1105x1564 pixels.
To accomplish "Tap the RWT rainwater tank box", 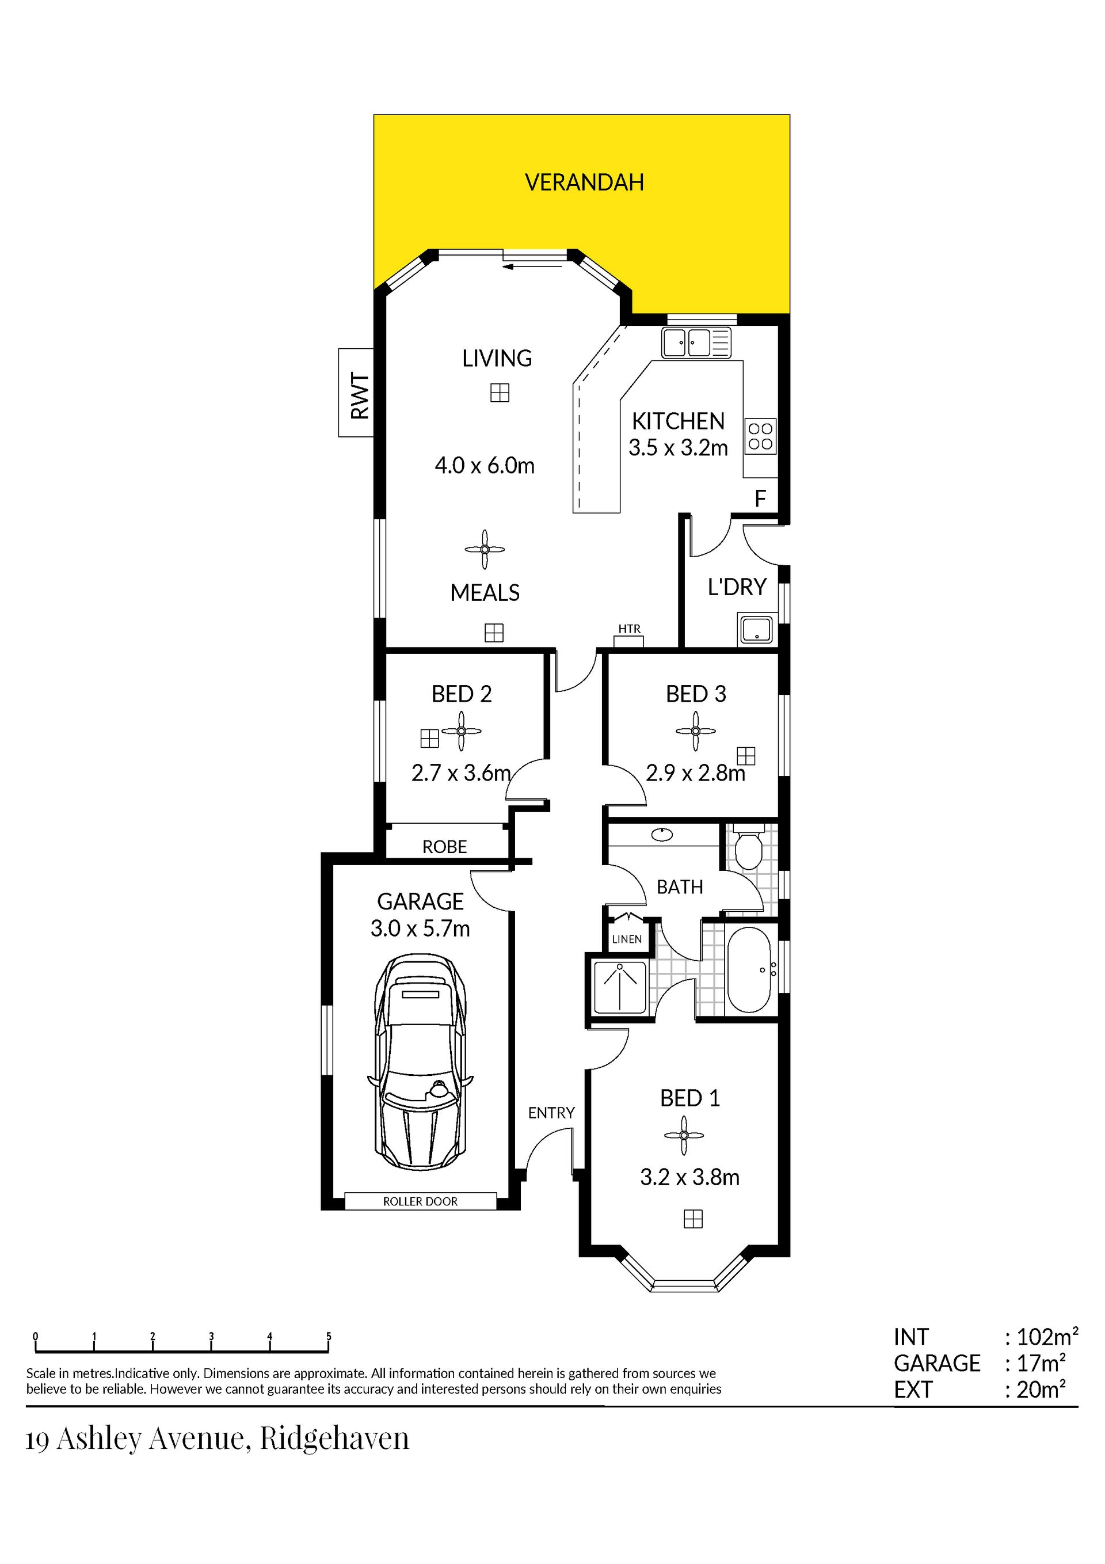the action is pos(356,393).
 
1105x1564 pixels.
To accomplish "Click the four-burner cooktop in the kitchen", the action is pos(760,436).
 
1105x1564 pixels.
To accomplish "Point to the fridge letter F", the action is pos(760,499).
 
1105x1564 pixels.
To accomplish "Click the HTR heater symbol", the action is pos(630,636).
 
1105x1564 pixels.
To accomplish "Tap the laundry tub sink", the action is pos(756,629).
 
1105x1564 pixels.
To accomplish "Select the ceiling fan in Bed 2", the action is pos(461,732).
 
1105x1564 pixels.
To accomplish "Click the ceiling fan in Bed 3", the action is pos(696,732).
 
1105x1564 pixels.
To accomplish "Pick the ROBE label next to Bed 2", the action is pos(444,847).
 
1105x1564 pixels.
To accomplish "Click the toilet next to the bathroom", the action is pos(748,847).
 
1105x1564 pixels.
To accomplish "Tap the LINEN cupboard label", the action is pos(627,939).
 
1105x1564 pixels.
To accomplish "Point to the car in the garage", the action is pos(420,1063).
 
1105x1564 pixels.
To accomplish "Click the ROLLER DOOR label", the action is pos(420,1201).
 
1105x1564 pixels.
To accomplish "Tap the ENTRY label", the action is pos(551,1112).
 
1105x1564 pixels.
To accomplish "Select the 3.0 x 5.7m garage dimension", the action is pos(420,928).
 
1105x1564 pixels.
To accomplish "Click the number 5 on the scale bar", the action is pos(329,1337).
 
